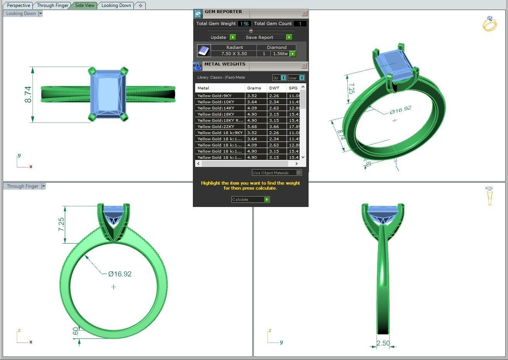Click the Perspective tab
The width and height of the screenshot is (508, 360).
click(x=18, y=5)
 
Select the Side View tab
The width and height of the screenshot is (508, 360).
click(x=84, y=5)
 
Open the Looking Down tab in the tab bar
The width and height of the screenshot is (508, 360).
click(x=116, y=5)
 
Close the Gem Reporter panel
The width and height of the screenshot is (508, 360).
click(x=304, y=13)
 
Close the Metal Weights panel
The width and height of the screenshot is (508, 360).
click(x=304, y=66)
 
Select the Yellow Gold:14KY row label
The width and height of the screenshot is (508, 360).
click(x=216, y=108)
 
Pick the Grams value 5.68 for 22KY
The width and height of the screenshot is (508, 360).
click(x=252, y=127)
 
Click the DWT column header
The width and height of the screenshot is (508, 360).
click(x=274, y=88)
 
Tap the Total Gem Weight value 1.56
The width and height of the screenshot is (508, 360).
click(x=244, y=24)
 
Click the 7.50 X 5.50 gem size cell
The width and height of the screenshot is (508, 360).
click(x=234, y=54)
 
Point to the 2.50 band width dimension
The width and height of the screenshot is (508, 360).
click(x=383, y=343)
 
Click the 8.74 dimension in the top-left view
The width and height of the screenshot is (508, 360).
click(x=28, y=94)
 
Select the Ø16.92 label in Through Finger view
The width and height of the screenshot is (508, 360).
click(x=120, y=274)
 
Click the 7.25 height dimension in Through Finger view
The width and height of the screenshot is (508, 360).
click(x=61, y=224)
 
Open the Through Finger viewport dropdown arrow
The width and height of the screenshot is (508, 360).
click(x=44, y=186)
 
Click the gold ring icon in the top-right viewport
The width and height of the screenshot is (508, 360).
click(x=489, y=24)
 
